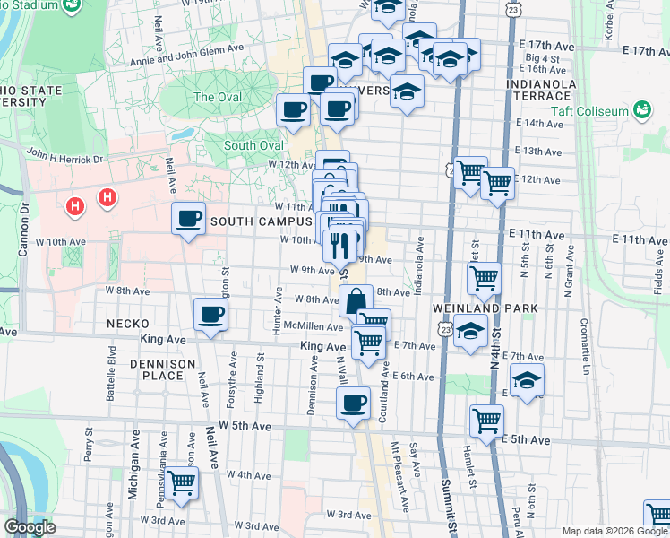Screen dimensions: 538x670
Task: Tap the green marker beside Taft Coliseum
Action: (x=640, y=110)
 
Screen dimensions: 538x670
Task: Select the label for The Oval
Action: (x=217, y=97)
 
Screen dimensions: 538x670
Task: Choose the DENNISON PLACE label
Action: (x=162, y=369)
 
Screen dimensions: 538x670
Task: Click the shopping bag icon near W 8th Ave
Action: (x=356, y=300)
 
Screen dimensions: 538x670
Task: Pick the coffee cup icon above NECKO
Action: (x=211, y=314)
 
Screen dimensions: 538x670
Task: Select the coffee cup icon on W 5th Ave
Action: (x=354, y=403)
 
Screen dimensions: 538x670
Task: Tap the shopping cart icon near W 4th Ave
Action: (x=182, y=482)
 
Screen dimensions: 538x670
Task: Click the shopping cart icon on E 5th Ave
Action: (x=486, y=421)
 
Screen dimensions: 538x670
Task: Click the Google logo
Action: (x=30, y=527)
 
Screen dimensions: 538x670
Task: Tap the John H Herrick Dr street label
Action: (x=65, y=156)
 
